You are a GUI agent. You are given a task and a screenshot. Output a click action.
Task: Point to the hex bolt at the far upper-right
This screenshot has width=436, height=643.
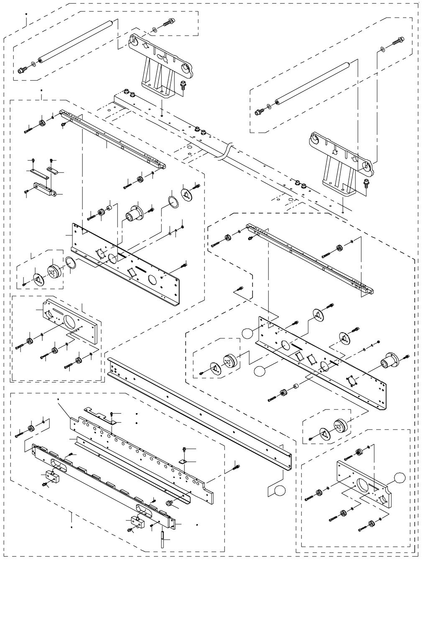click(397, 41)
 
